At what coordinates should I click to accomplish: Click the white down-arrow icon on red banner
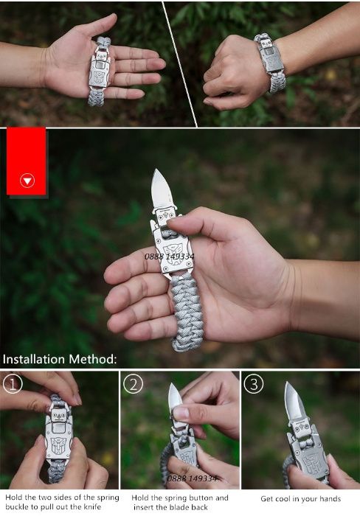(27, 181)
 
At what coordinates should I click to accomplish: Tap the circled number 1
(13, 384)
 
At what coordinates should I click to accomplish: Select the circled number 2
(133, 384)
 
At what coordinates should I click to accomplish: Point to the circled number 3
(253, 384)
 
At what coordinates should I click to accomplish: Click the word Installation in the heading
(34, 359)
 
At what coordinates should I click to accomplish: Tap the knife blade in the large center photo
(162, 189)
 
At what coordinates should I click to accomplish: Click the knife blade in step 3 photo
(294, 400)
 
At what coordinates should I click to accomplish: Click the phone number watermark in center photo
(169, 257)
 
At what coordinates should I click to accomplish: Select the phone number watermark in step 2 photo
(192, 478)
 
